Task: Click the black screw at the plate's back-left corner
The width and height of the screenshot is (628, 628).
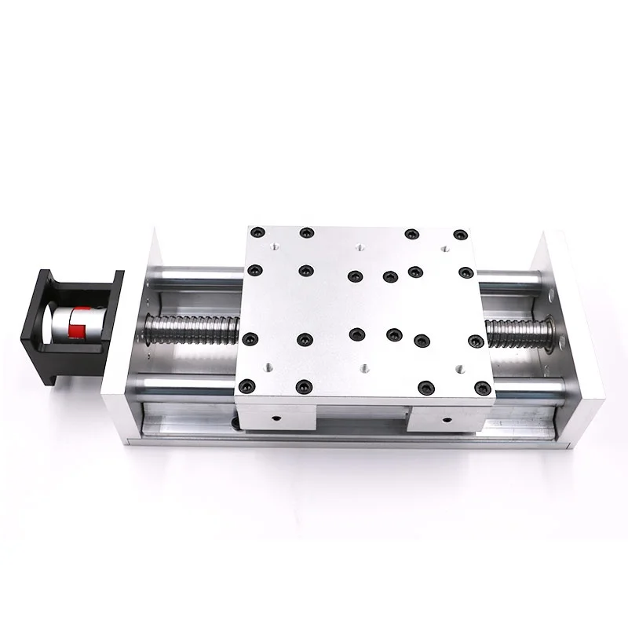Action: click(x=258, y=232)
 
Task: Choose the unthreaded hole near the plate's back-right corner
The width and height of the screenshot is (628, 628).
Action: click(x=444, y=247)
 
